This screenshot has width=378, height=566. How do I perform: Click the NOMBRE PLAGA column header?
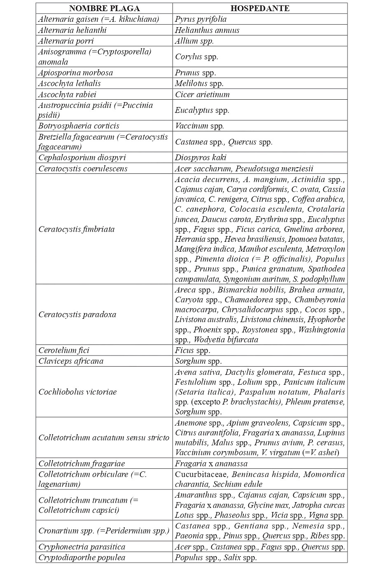104,8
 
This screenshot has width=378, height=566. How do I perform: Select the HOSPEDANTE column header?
260,8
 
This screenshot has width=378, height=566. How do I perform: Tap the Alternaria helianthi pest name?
72,30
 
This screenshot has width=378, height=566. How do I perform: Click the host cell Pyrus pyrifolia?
201,19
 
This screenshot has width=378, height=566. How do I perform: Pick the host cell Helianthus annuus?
207,30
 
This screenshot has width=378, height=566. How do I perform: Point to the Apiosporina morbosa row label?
75,73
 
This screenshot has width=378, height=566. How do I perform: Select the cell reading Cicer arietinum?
202,94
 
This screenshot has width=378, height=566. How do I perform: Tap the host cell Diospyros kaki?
201,157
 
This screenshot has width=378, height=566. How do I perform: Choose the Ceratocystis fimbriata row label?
77,229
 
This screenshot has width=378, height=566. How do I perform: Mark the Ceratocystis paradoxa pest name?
77,314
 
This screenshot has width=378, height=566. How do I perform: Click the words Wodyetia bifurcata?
226,339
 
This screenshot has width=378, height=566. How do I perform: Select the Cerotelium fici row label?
64,350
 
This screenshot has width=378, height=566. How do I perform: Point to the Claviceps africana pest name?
71,361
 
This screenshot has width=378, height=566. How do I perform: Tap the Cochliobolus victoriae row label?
77,392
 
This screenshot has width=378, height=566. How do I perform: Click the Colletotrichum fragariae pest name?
82,463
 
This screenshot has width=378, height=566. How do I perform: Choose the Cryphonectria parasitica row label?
82,547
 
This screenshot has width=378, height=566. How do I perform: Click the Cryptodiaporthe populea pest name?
82,557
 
